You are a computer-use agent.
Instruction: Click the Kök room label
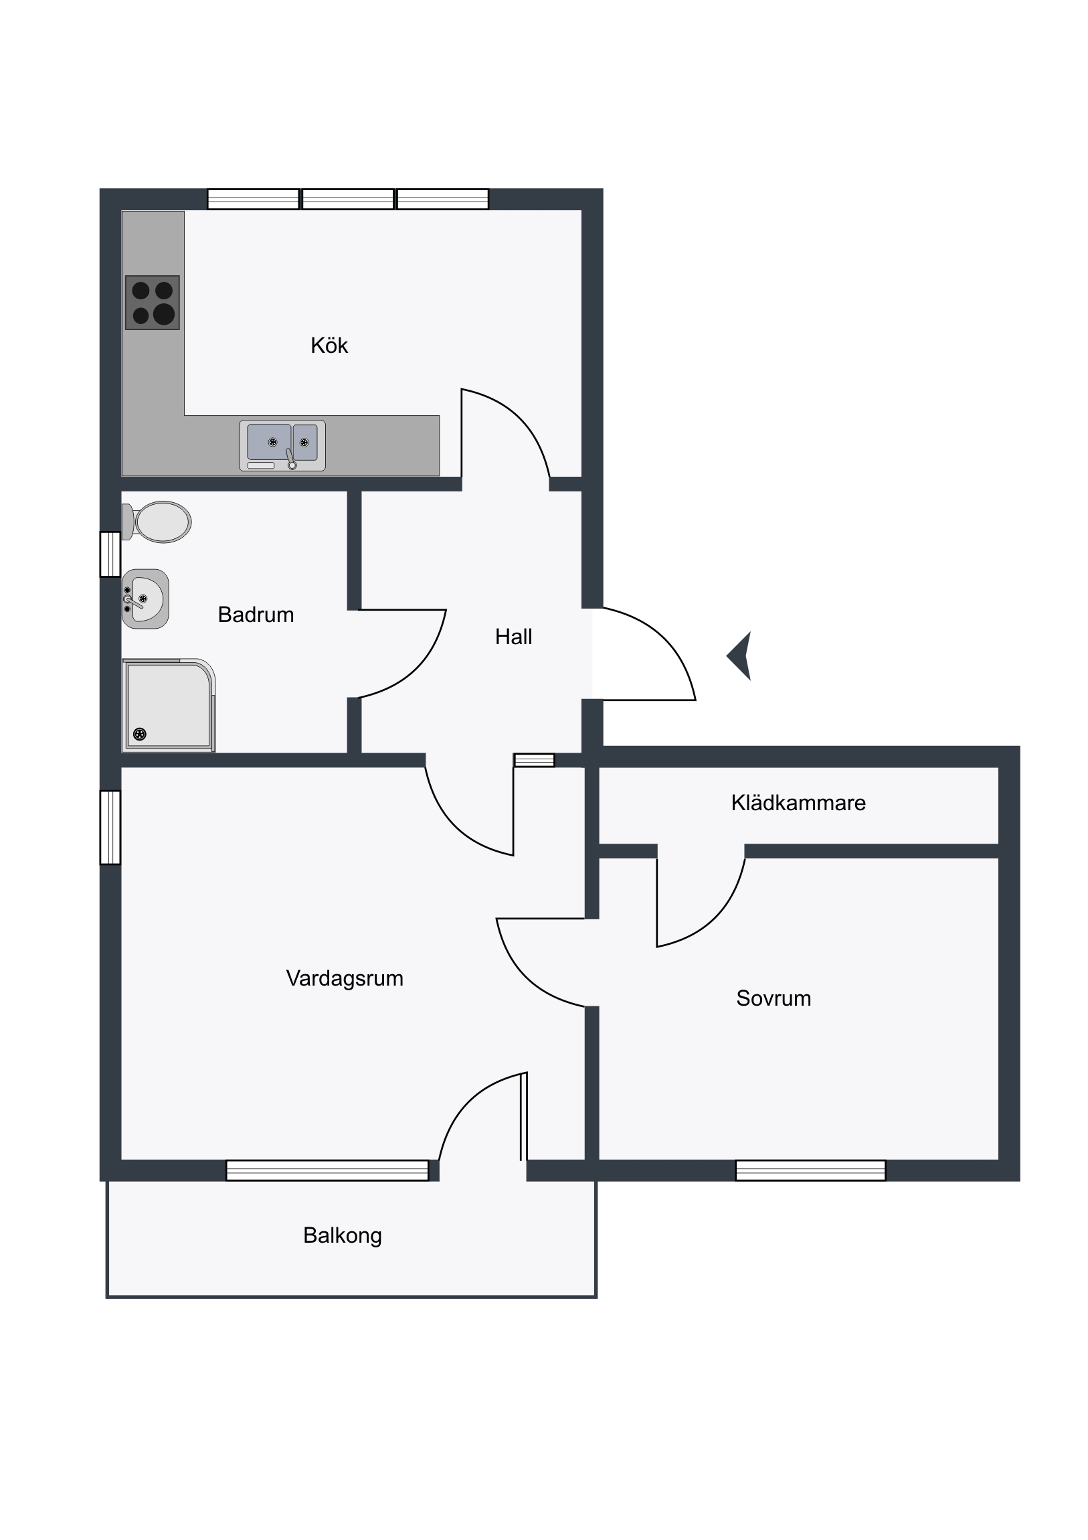pyautogui.click(x=329, y=345)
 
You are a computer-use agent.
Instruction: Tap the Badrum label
pyautogui.click(x=256, y=615)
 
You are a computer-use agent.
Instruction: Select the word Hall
pyautogui.click(x=513, y=637)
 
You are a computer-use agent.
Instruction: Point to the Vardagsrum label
pyautogui.click(x=345, y=978)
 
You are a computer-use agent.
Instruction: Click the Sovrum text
pyautogui.click(x=774, y=998)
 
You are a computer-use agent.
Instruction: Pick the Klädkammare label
pyautogui.click(x=798, y=803)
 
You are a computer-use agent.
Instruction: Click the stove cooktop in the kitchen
pyautogui.click(x=153, y=303)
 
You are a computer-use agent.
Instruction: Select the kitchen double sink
pyautogui.click(x=282, y=445)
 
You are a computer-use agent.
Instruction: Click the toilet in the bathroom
pyautogui.click(x=157, y=522)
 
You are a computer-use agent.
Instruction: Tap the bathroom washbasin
pyautogui.click(x=145, y=599)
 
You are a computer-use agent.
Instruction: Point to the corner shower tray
pyautogui.click(x=168, y=705)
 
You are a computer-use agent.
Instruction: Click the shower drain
pyautogui.click(x=140, y=734)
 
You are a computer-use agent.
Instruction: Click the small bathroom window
pyautogui.click(x=110, y=554)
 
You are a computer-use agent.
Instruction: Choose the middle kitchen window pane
pyautogui.click(x=348, y=200)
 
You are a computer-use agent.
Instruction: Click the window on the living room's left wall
pyautogui.click(x=110, y=828)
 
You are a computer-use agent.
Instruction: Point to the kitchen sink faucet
pyautogui.click(x=290, y=459)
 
